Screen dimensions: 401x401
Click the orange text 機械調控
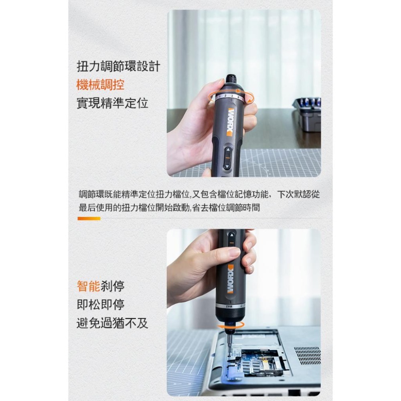100,85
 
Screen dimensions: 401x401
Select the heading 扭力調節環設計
118,66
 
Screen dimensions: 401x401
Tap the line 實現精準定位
112,103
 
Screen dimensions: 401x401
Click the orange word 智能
88,286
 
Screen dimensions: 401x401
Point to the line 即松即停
100,304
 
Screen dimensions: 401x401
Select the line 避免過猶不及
112,323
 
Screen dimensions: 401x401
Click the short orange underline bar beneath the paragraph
89,219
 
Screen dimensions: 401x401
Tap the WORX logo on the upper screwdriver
231,122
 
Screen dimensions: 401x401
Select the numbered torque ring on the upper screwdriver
229,96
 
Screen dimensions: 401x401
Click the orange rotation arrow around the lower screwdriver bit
231,327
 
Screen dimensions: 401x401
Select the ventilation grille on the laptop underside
307,355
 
